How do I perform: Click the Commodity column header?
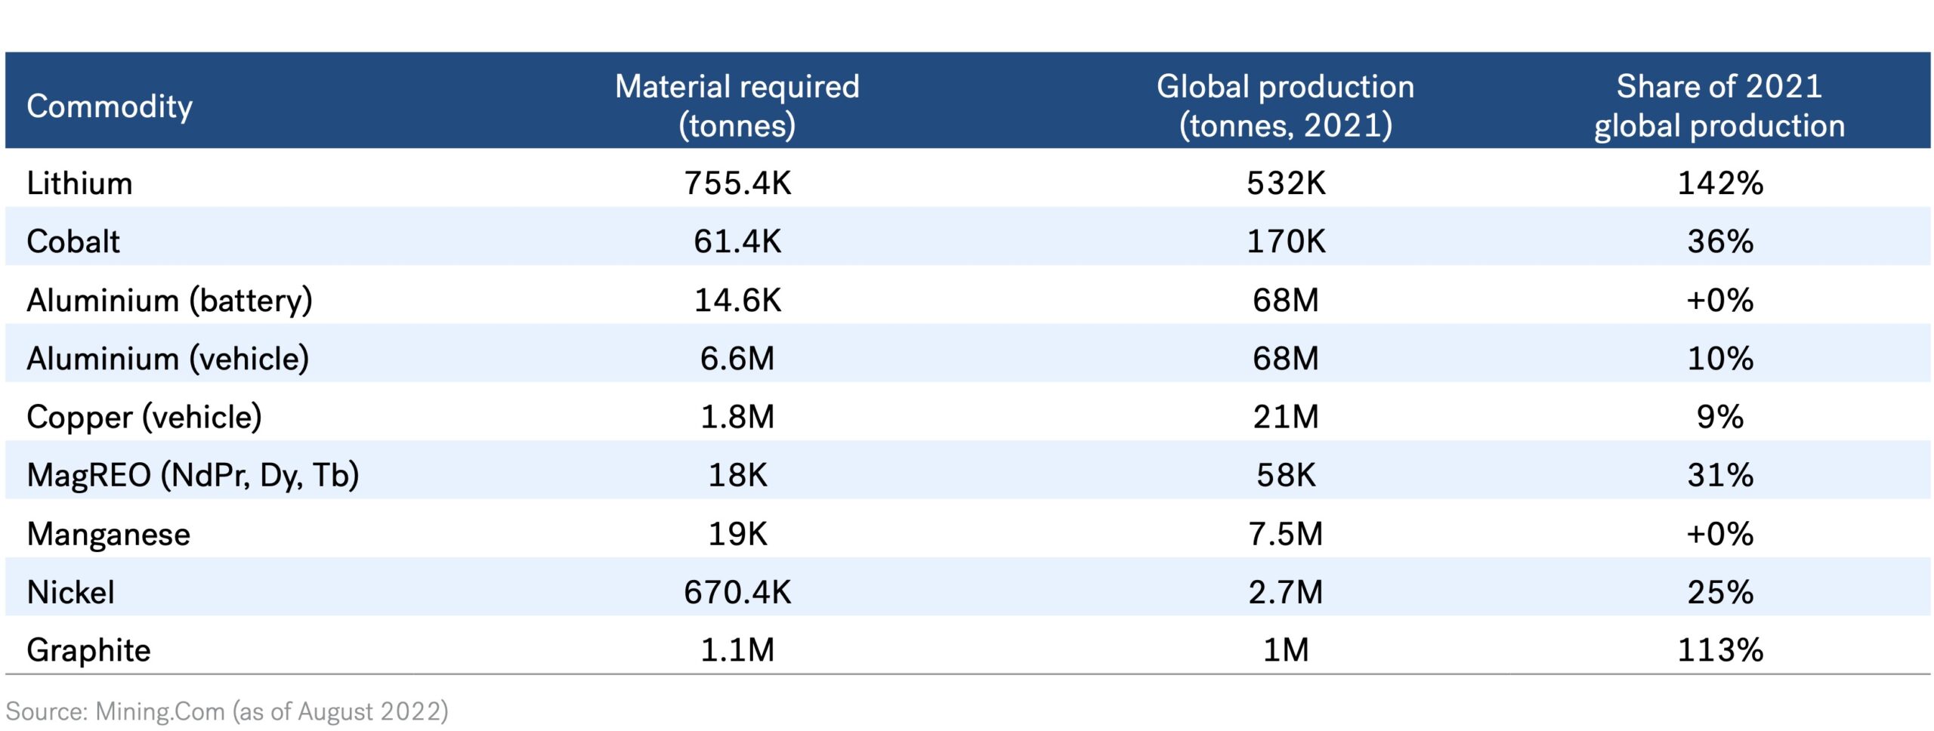[x=110, y=106]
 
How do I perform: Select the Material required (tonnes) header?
[x=737, y=106]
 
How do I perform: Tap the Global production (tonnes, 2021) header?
[x=1285, y=106]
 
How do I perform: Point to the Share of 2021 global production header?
[x=1719, y=106]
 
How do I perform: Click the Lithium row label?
[x=79, y=184]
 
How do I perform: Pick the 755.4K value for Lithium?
[x=737, y=184]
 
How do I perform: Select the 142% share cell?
[x=1720, y=184]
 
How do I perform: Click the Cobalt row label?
[x=73, y=242]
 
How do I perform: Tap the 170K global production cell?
[x=1286, y=242]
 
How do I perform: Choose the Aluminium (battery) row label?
[x=169, y=301]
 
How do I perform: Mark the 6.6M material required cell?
[x=737, y=359]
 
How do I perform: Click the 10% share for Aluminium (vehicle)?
[x=1720, y=359]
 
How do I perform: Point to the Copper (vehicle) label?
[x=144, y=418]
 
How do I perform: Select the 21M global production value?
[x=1286, y=418]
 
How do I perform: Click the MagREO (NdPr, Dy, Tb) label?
[x=193, y=476]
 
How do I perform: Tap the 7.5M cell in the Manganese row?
[x=1286, y=535]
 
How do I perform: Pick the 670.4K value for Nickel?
[x=737, y=593]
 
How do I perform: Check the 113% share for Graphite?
[x=1720, y=651]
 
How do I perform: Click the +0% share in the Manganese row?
[x=1720, y=535]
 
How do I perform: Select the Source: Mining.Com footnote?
[x=227, y=711]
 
